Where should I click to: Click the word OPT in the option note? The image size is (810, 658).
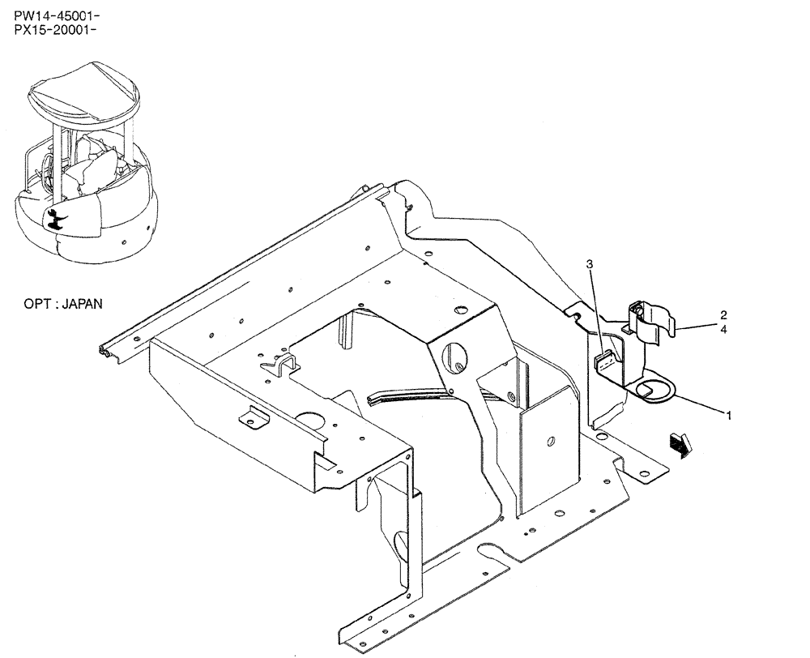tap(37, 305)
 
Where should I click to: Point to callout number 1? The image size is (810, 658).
tap(728, 416)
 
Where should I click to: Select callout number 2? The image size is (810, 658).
tap(723, 315)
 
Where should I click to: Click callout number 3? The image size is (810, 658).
tap(590, 264)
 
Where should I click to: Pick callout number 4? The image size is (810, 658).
tap(723, 330)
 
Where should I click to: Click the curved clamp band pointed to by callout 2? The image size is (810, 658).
tap(652, 320)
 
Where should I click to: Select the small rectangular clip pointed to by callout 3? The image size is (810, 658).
tap(606, 361)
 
